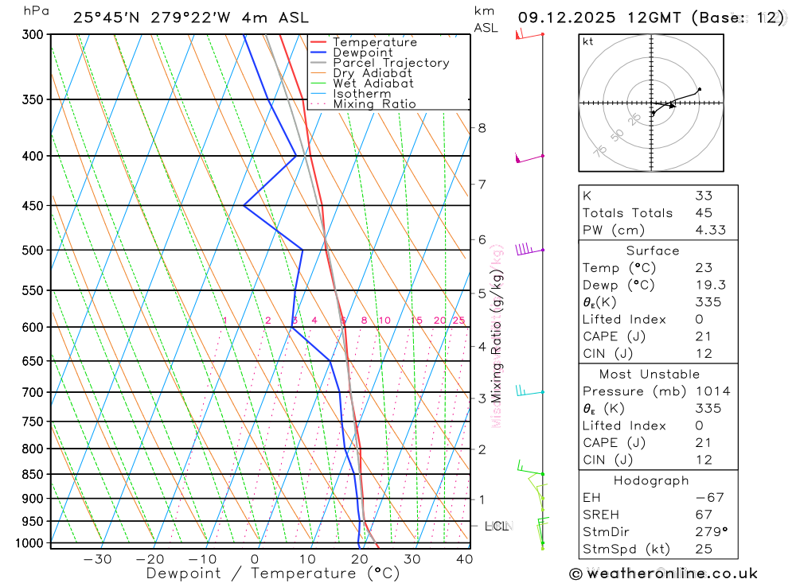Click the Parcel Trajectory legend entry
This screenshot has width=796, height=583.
click(391, 63)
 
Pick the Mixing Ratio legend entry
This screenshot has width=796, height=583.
click(374, 104)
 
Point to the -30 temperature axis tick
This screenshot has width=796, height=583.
click(98, 559)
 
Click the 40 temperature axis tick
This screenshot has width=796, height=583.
click(464, 559)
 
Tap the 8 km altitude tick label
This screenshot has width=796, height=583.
click(482, 128)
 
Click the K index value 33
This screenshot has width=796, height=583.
click(703, 196)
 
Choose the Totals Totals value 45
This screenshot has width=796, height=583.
click(703, 213)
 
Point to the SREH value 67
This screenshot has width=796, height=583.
click(703, 515)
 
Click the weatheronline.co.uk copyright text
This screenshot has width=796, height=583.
click(663, 573)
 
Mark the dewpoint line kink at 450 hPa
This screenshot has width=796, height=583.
click(244, 206)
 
